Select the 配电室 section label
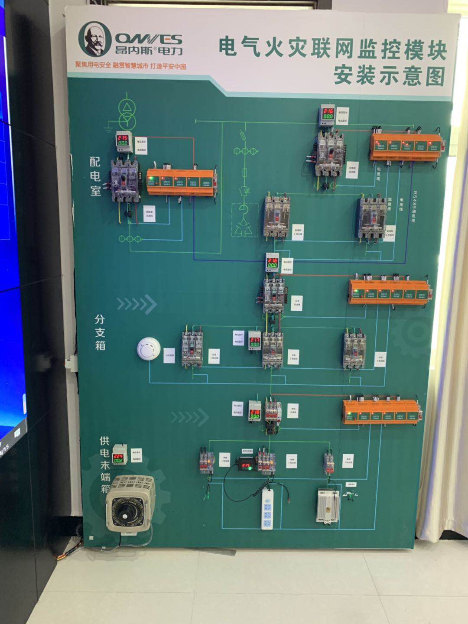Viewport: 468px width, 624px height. (x=95, y=176)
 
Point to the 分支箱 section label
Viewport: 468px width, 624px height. (x=100, y=332)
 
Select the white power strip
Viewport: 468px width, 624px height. (x=267, y=508)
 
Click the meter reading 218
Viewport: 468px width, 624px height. (x=255, y=413)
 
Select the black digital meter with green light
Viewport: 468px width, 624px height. (x=246, y=465)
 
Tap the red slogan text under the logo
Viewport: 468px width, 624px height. (x=130, y=66)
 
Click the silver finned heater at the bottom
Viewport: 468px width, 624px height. (x=328, y=506)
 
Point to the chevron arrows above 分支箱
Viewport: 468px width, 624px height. (x=136, y=304)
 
